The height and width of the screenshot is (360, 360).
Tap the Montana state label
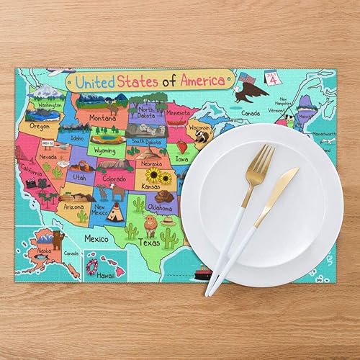[x=102, y=118]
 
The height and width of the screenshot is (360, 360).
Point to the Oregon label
[x=39, y=126]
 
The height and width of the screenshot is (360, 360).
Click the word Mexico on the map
[x=96, y=238]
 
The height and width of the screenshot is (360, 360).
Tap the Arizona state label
[x=73, y=206]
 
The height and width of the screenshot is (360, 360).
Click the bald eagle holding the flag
[x=250, y=88]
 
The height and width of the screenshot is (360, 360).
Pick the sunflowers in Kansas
[x=159, y=176]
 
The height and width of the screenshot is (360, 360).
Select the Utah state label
[x=79, y=176]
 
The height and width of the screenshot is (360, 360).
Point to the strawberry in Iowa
[x=181, y=148]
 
